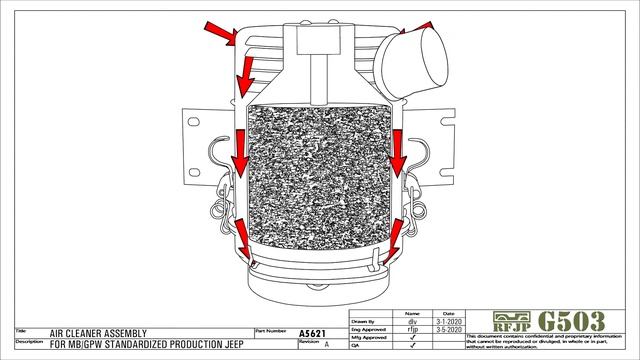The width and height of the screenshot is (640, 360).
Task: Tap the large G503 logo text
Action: coord(571,322)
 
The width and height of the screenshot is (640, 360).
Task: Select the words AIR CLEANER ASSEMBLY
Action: coord(98,333)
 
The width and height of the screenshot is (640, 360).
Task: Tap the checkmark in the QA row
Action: coord(412,345)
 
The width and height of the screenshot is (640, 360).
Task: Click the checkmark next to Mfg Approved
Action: coord(412,337)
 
